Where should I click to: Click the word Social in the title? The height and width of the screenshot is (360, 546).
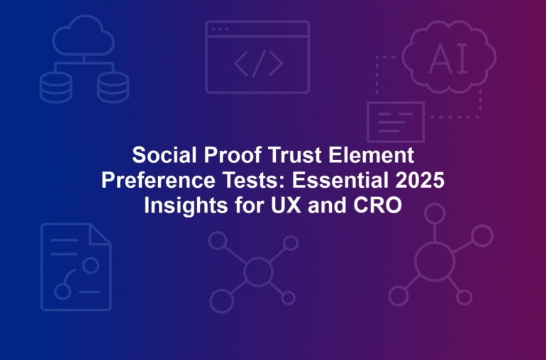click(x=165, y=155)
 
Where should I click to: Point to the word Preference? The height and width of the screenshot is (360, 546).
click(x=158, y=180)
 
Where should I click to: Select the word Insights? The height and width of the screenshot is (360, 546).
click(x=186, y=206)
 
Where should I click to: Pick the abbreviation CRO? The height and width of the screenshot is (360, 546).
click(x=377, y=206)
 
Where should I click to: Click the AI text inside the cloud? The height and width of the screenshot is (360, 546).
click(x=448, y=59)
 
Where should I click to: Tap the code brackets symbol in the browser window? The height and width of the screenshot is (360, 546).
click(x=258, y=63)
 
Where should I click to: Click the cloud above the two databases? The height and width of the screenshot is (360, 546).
click(x=84, y=35)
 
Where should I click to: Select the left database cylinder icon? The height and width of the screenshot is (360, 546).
click(x=56, y=87)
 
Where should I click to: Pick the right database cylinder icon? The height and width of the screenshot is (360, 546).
click(x=113, y=87)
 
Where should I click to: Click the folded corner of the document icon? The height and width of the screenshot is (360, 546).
click(x=101, y=235)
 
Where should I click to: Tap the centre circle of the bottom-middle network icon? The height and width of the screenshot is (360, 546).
click(x=258, y=271)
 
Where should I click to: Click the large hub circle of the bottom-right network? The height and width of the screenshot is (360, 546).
click(x=435, y=261)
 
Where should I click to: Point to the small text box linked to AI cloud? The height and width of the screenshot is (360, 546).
click(x=396, y=122)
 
